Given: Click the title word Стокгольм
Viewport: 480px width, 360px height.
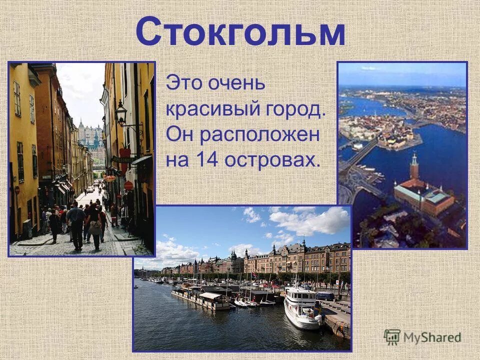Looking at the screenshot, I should pos(240,32).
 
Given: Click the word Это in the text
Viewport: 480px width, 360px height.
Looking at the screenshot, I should pos(182,82).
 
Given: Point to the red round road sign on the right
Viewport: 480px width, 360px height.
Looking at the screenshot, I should pos(128,185).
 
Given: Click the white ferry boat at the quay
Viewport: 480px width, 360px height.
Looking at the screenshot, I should pos(302,307).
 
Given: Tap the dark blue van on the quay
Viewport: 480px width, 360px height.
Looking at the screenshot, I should pos(325,296).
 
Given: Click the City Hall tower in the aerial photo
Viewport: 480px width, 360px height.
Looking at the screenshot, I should pos(414,167).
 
